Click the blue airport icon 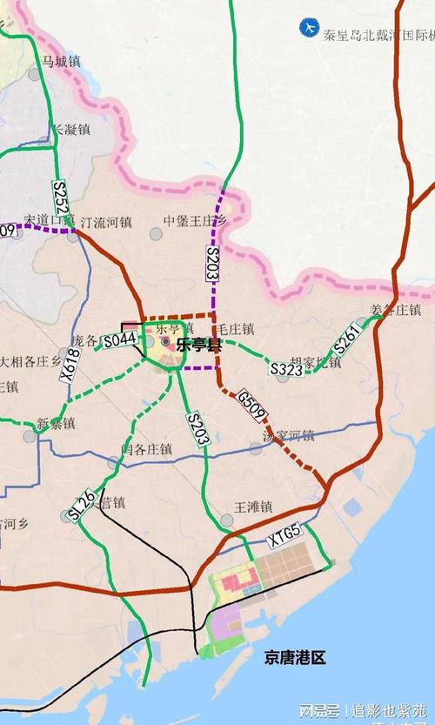click(x=307, y=28)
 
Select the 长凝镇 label click(x=71, y=129)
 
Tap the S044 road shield click(x=119, y=341)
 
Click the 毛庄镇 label click(x=235, y=329)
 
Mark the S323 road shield click(x=286, y=369)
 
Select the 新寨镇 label click(x=56, y=424)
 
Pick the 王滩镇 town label click(x=254, y=506)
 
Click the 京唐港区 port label click(x=295, y=659)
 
